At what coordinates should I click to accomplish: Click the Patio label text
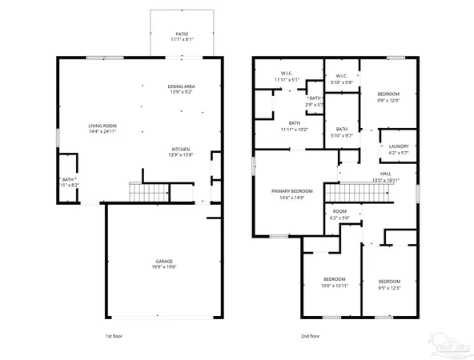click(x=182, y=34)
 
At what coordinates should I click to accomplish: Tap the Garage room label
click(x=166, y=262)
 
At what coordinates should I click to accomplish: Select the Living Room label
click(x=103, y=126)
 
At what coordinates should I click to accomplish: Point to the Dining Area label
click(x=182, y=86)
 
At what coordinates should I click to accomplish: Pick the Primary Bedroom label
click(x=286, y=192)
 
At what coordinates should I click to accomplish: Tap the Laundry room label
click(x=399, y=146)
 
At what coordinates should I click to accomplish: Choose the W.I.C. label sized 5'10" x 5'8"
click(x=342, y=77)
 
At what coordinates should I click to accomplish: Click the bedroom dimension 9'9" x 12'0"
click(x=388, y=100)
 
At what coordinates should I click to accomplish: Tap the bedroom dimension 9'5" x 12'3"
click(x=388, y=286)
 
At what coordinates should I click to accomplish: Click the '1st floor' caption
click(x=114, y=336)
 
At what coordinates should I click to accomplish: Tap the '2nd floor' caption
click(x=310, y=336)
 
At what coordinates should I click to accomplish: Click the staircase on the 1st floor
click(x=150, y=193)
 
